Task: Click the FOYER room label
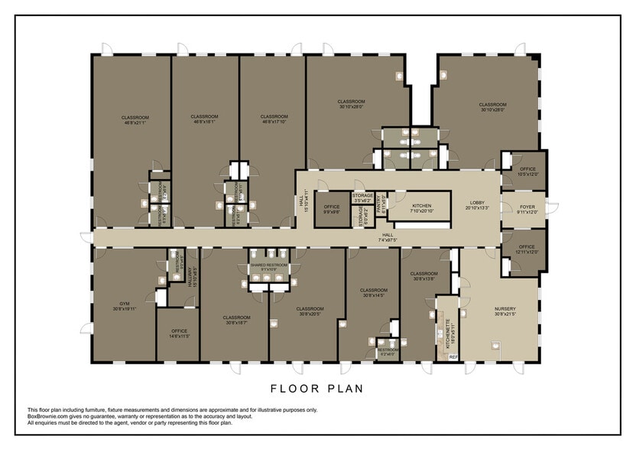(x=527, y=207)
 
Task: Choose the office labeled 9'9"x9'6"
(x=332, y=212)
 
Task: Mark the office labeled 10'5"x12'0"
(x=527, y=174)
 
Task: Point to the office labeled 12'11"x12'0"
(x=527, y=252)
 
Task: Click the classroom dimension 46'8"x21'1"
(x=135, y=122)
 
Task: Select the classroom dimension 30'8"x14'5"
(x=374, y=295)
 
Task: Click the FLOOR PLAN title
(x=317, y=388)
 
